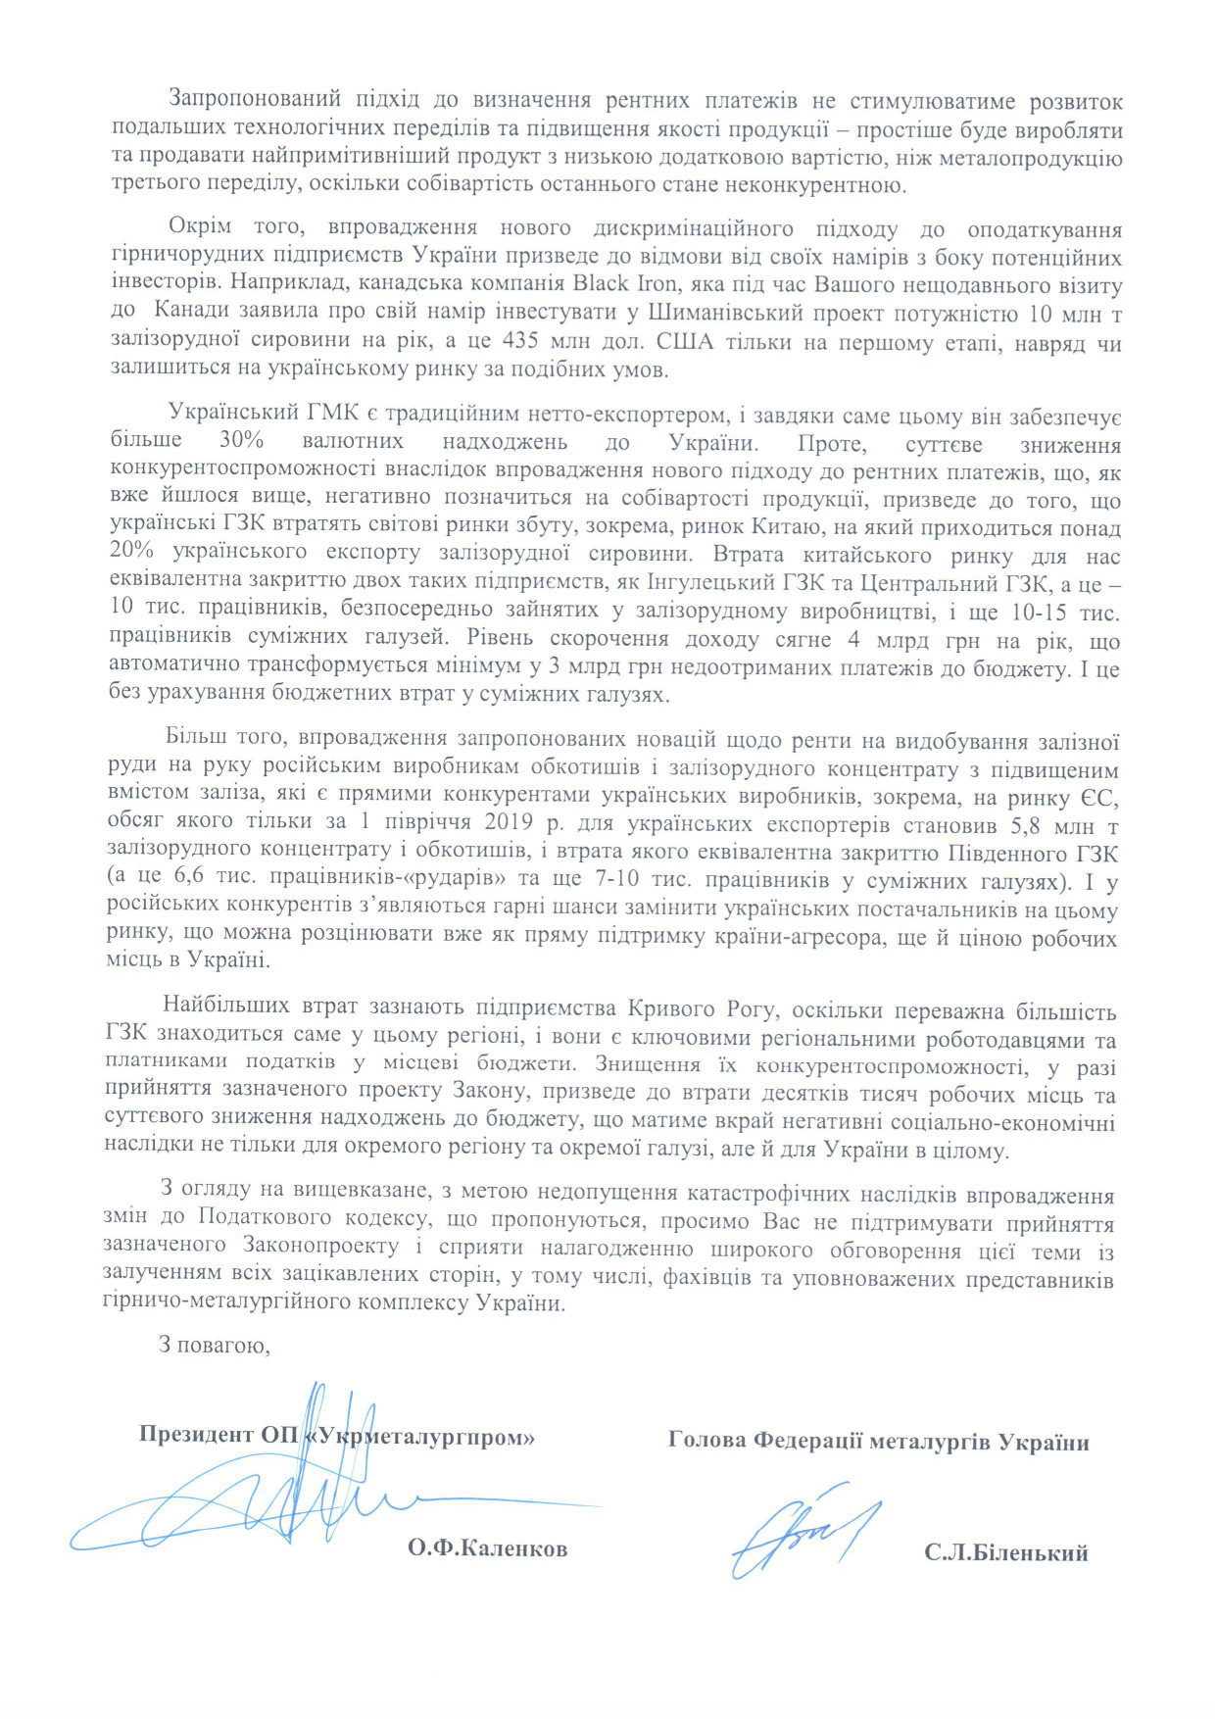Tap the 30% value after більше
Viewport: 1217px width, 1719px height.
(x=241, y=443)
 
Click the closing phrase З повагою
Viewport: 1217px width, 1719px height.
(x=215, y=1345)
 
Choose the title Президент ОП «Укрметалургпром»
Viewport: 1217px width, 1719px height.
(x=336, y=1436)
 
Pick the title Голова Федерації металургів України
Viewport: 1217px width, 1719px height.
(x=878, y=1442)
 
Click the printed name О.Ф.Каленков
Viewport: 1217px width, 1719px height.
(x=487, y=1548)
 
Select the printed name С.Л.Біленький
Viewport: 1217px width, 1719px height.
(x=1005, y=1553)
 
